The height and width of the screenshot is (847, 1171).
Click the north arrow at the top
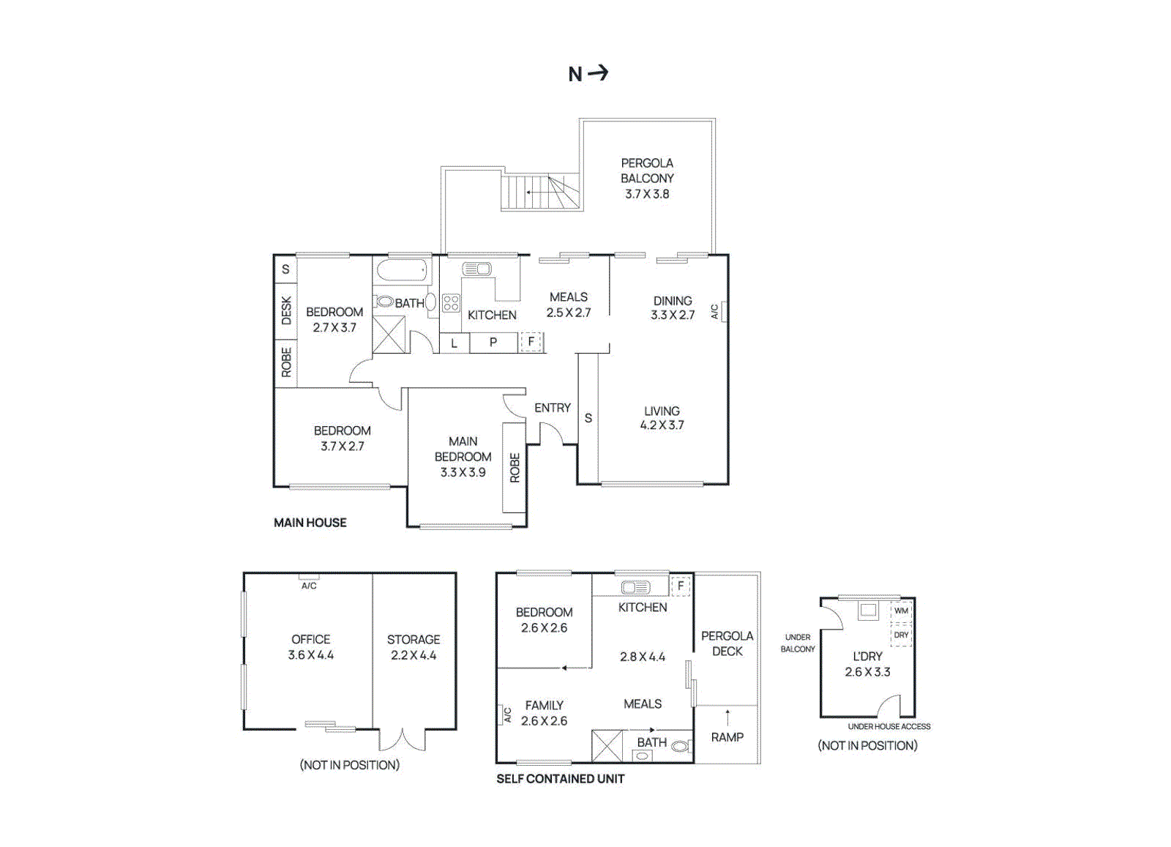click(588, 73)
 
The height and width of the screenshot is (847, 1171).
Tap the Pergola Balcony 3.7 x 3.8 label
click(647, 179)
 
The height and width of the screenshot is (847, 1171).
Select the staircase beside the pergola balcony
click(542, 193)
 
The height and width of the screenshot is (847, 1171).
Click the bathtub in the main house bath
click(402, 271)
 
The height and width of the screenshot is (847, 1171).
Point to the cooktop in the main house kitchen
click(451, 303)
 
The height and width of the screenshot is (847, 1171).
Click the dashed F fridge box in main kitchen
click(531, 342)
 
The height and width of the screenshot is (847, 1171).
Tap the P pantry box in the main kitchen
click(493, 343)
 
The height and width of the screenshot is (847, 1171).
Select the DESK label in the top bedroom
click(286, 310)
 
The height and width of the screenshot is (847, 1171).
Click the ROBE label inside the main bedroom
click(515, 467)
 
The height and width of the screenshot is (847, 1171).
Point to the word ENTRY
click(552, 408)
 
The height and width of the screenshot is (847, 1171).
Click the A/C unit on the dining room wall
click(723, 311)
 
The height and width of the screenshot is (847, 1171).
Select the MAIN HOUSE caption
click(310, 523)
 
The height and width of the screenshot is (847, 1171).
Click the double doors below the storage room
click(402, 739)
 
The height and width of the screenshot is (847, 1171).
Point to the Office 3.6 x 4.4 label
click(310, 647)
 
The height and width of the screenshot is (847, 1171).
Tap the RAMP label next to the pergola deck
click(727, 737)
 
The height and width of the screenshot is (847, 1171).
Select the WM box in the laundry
click(901, 611)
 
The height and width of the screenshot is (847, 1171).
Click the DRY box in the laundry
click(901, 635)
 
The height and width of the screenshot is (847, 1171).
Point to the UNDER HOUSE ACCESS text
click(888, 727)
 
